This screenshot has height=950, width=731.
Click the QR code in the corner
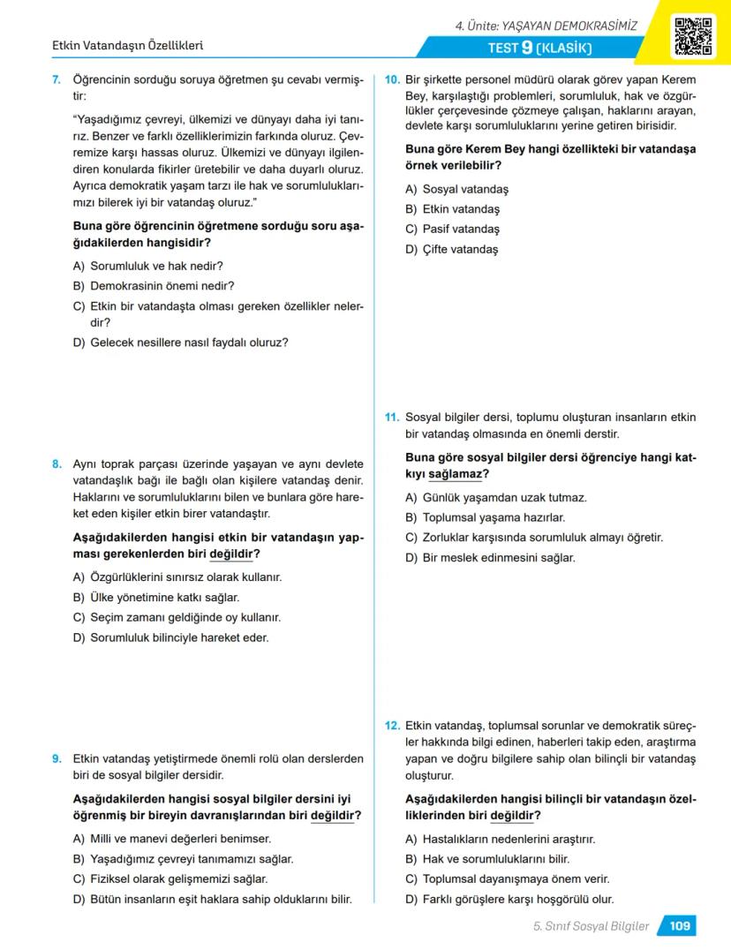point(693,36)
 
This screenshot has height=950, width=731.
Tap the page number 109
point(679,926)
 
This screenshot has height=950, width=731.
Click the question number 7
point(57,80)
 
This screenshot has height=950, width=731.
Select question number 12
point(393,725)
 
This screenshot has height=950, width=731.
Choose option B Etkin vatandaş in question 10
point(452,209)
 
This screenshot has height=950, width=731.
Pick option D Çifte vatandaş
point(451,250)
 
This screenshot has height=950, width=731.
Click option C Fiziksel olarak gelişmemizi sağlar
point(170,879)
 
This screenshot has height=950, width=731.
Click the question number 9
point(57,758)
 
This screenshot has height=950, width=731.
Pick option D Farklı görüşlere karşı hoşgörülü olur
point(509,900)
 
